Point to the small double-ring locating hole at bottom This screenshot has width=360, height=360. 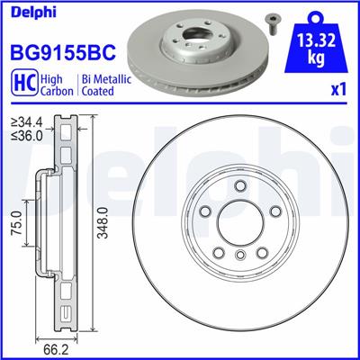(x=238, y=258)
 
